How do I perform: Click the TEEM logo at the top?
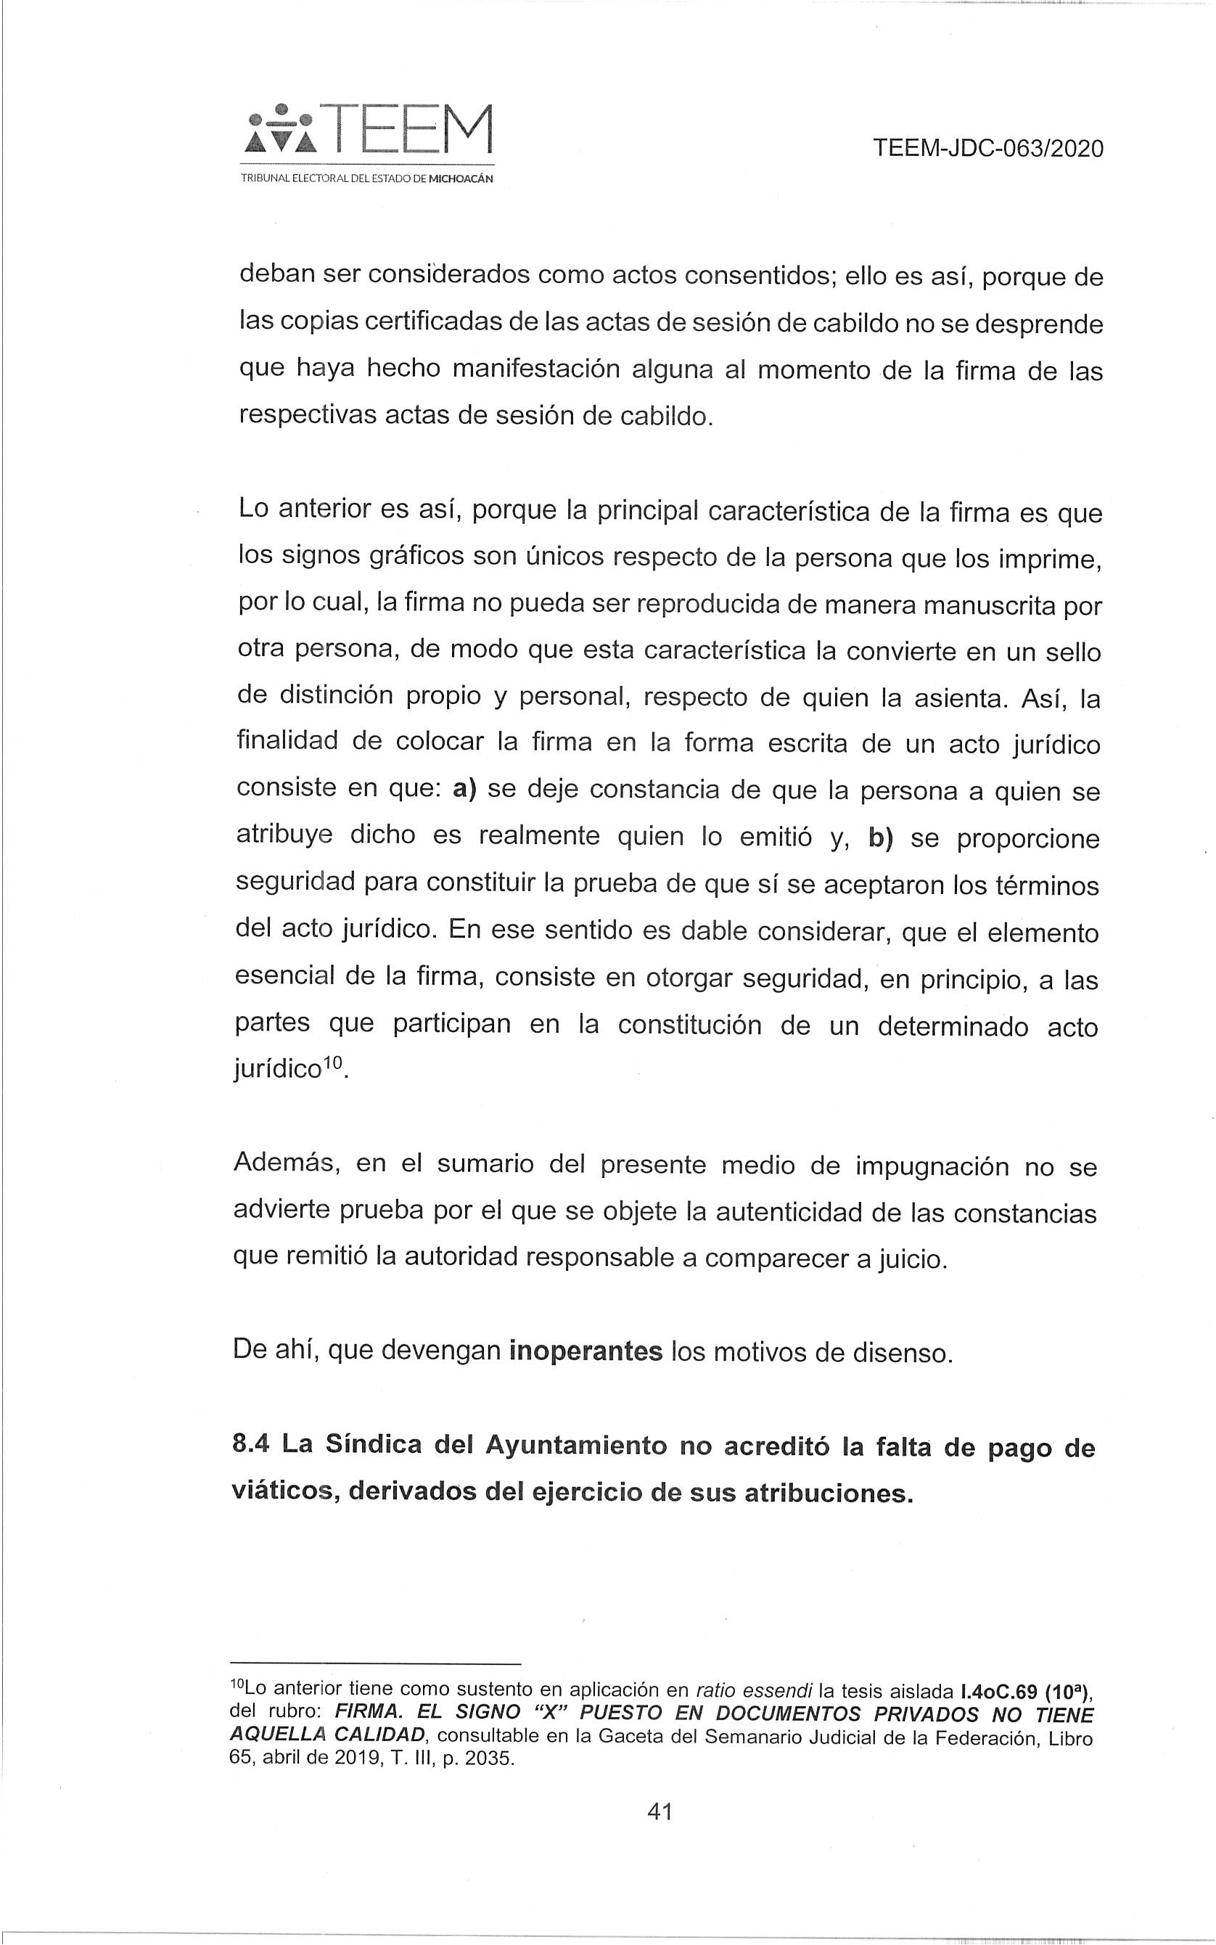[x=369, y=131]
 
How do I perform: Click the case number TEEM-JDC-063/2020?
[x=987, y=149]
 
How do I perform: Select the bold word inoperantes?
[x=586, y=1351]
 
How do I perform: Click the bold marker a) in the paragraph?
[x=465, y=788]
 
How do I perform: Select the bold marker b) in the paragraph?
[x=882, y=837]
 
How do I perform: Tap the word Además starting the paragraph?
[x=284, y=1165]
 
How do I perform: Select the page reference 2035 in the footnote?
[x=486, y=1758]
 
